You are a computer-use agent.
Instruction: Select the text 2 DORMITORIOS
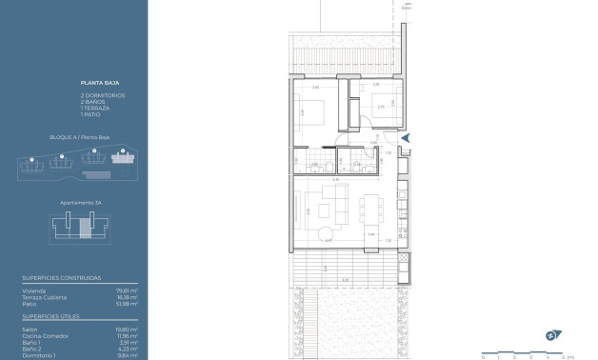tap(103, 95)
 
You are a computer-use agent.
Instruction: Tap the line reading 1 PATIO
tap(90, 113)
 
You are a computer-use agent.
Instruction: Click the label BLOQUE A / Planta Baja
tap(79, 138)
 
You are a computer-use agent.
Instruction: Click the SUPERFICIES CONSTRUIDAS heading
tap(61, 278)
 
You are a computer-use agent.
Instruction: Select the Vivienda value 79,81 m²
tap(127, 290)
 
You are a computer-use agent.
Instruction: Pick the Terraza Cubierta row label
tap(44, 296)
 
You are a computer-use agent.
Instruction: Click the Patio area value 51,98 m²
tap(127, 303)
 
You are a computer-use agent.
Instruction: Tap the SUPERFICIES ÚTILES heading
tap(50, 314)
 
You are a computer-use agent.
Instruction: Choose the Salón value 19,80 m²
tap(127, 329)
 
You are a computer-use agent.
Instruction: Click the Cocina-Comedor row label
tap(44, 335)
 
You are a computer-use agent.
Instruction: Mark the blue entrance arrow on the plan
tap(405, 138)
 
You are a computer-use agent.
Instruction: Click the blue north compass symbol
tap(550, 334)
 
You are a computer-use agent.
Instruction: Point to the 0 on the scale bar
tap(483, 355)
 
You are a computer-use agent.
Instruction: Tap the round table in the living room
tap(326, 232)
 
